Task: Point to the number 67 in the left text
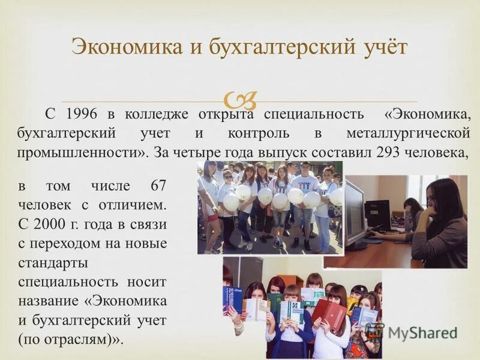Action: click(154, 187)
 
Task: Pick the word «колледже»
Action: click(157, 114)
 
